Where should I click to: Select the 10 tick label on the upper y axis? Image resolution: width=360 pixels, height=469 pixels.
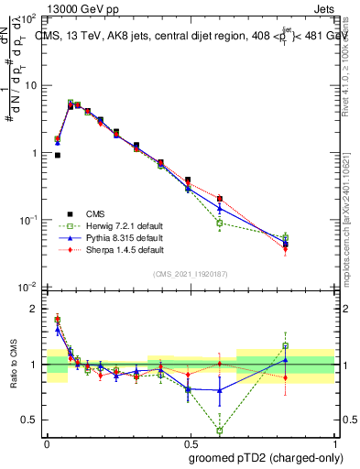(x=30, y=84)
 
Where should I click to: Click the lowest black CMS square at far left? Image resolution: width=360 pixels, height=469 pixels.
(x=57, y=156)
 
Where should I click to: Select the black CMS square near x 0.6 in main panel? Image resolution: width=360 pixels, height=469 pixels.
(x=220, y=198)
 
